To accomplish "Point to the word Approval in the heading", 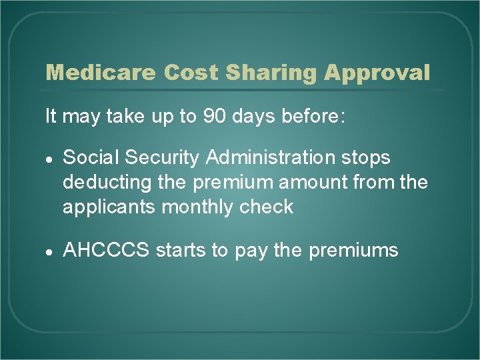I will tap(377, 73).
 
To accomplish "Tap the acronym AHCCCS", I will tap(106, 251).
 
